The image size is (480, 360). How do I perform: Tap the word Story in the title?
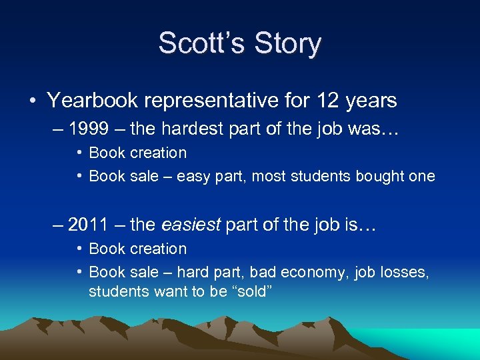click(284, 44)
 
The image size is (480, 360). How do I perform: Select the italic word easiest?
click(191, 225)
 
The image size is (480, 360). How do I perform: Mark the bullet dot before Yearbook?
click(33, 101)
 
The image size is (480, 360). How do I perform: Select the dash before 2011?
click(61, 225)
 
